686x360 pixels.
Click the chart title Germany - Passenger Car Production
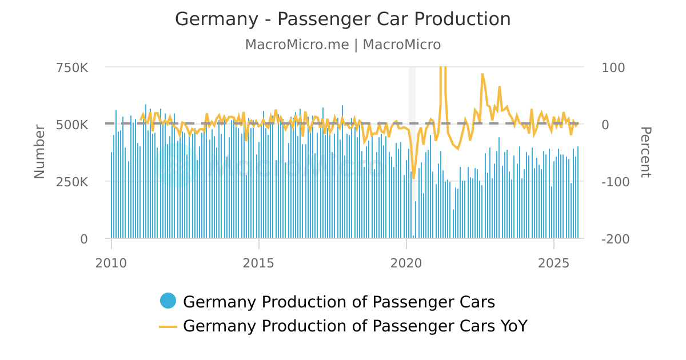(x=342, y=19)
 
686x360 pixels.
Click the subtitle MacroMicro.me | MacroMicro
(x=342, y=45)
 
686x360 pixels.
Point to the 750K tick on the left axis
(x=72, y=67)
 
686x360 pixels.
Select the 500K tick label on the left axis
(x=72, y=125)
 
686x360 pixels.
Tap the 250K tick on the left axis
(x=72, y=182)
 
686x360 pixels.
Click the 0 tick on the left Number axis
(x=83, y=239)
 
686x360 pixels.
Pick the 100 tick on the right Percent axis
(x=613, y=67)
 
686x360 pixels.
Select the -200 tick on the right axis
(x=616, y=239)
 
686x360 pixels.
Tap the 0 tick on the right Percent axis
(x=606, y=125)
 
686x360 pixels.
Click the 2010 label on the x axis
(x=111, y=263)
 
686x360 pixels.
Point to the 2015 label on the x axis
(x=259, y=263)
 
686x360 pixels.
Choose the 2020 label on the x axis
(x=406, y=263)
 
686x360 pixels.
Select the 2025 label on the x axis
(x=554, y=263)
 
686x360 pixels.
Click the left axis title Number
(x=39, y=151)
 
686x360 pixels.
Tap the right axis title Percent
(x=645, y=152)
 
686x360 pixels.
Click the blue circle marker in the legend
(x=168, y=301)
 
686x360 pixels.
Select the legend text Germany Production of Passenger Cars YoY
(x=355, y=326)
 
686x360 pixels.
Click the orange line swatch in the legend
(x=168, y=326)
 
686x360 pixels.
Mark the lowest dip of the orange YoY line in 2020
(x=414, y=178)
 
